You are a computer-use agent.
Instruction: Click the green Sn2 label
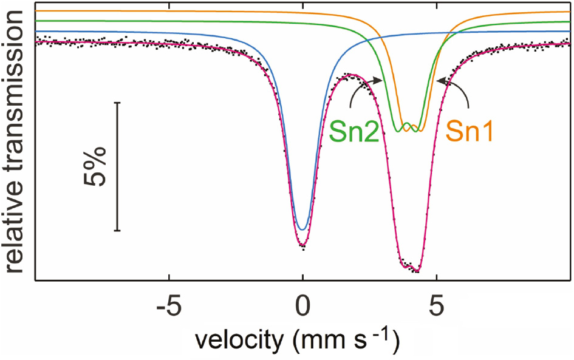[355, 131]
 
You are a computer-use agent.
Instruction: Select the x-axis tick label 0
[302, 304]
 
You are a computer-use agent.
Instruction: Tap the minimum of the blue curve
[302, 229]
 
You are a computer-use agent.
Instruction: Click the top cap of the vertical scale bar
[117, 103]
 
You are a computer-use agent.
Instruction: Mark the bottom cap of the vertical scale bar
[117, 231]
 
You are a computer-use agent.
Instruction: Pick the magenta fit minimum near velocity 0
[302, 246]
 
